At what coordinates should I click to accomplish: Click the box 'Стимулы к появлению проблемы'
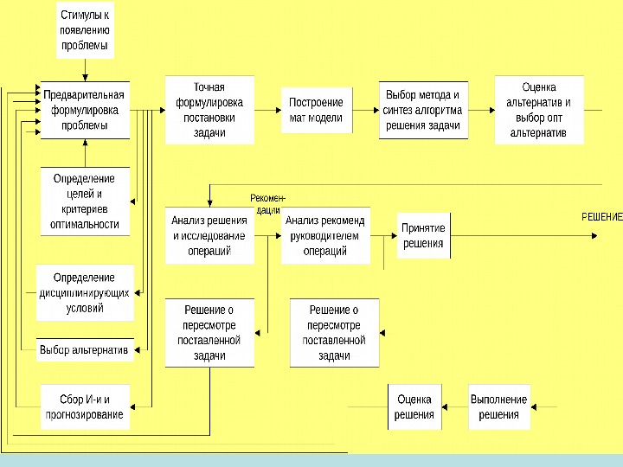coord(85,31)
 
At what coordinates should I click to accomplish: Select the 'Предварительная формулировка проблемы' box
coord(85,110)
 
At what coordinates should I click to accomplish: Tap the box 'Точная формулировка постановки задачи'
coord(209,110)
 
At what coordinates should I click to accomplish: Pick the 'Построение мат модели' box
coord(316,110)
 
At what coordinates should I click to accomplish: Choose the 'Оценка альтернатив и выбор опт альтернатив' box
coord(539,110)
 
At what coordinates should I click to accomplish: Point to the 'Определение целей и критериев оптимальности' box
coord(85,202)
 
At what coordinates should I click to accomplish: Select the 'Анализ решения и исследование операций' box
coord(209,235)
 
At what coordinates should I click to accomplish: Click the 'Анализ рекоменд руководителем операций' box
coord(325,235)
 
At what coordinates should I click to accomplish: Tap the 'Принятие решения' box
coord(423,235)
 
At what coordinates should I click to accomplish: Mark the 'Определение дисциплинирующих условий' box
coord(85,292)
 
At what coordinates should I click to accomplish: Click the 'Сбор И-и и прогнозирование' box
coord(85,407)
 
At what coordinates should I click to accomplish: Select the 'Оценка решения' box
coord(414,407)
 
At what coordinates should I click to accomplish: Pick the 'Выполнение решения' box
coord(498,407)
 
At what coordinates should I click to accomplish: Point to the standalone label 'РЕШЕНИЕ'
coord(601,216)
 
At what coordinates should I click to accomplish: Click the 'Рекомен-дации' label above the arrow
coord(267,204)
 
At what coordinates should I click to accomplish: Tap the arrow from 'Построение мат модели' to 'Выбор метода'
coord(366,111)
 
